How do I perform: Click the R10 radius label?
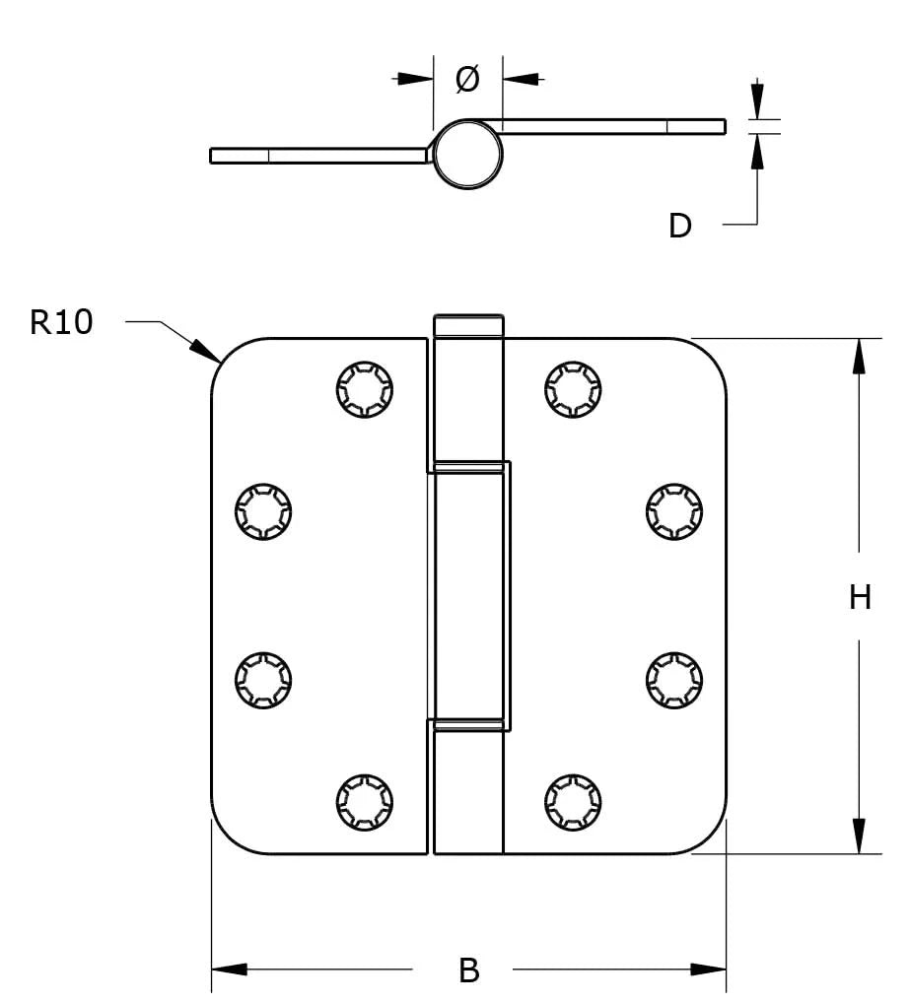61,322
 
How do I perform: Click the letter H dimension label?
860,596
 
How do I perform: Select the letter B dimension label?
469,970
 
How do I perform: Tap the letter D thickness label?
680,226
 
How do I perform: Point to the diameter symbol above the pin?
467,80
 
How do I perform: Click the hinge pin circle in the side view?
468,154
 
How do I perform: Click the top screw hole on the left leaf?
364,390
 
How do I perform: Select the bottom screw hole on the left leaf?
364,802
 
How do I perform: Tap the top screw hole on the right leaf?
572,390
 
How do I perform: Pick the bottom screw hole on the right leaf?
572,802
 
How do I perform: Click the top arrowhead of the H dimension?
859,355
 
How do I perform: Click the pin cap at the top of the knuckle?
468,325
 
